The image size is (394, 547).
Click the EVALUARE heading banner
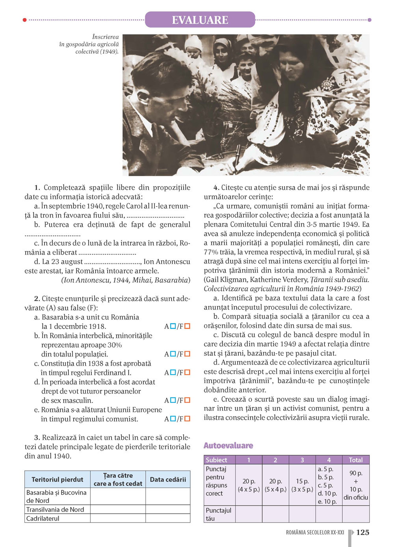click(x=200, y=20)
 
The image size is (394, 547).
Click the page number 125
click(x=362, y=532)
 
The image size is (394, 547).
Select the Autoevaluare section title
click(x=228, y=445)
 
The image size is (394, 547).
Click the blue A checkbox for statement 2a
click(x=173, y=326)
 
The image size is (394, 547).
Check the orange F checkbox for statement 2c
click(x=187, y=372)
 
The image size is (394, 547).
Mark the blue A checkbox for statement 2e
click(x=173, y=419)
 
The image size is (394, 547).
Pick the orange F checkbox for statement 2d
click(x=187, y=400)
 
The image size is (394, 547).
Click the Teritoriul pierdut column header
click(x=58, y=479)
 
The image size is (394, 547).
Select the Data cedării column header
click(x=168, y=479)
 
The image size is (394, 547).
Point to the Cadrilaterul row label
click(x=43, y=518)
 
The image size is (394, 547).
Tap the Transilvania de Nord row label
click(x=55, y=509)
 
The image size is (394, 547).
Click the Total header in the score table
click(x=355, y=460)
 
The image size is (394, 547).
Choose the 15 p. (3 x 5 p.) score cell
click(x=302, y=485)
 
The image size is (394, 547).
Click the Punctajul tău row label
click(x=219, y=514)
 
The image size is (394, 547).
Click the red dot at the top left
click(x=25, y=20)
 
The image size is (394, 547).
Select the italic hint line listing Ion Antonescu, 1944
click(x=126, y=280)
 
